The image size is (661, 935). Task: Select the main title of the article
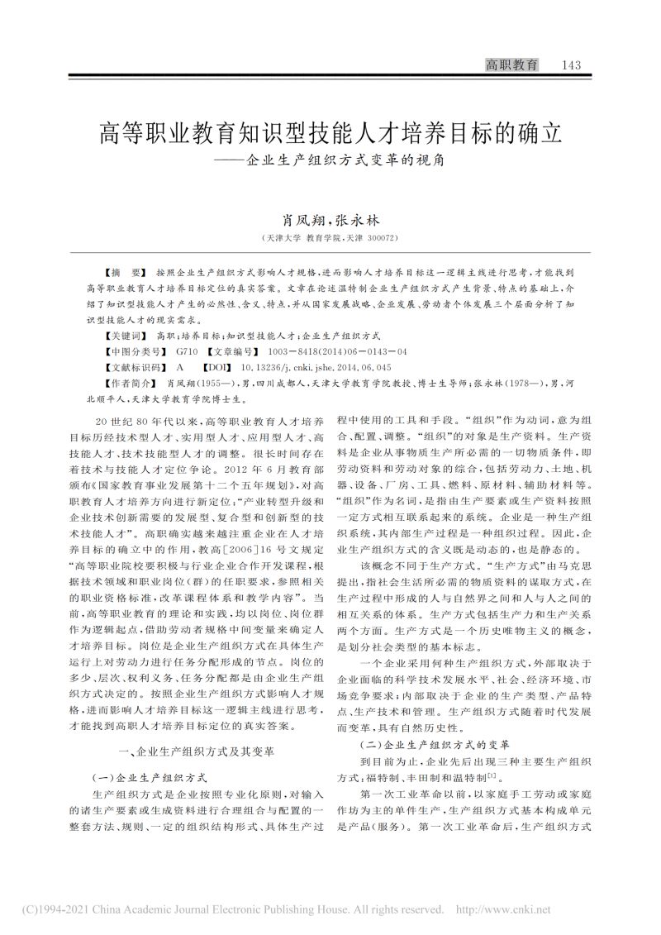[330, 131]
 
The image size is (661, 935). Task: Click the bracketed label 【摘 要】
[122, 271]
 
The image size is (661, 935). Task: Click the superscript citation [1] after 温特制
[492, 775]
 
